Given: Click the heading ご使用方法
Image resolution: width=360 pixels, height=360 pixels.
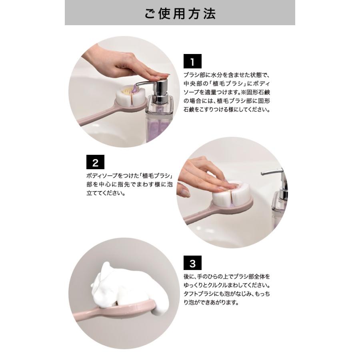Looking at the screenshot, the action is (180, 14).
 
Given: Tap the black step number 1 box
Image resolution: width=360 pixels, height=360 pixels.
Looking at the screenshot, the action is (192, 61).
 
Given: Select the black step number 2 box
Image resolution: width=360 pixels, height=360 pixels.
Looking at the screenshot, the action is (95, 162).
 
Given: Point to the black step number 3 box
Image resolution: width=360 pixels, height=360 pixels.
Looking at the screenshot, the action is (192, 263).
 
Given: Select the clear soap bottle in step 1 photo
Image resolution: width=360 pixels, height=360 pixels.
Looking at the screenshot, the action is (160, 119).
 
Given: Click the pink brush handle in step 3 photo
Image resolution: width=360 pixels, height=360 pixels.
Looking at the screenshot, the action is (115, 309).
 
